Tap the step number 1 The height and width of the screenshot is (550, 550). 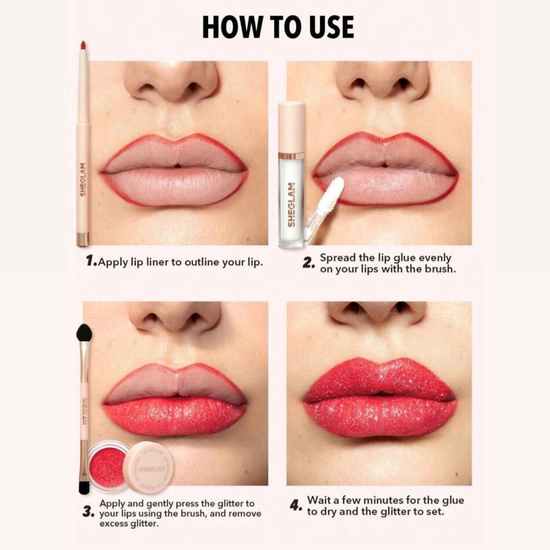point(90,261)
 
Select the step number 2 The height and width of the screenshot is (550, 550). point(309,263)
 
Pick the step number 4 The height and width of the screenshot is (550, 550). point(296,506)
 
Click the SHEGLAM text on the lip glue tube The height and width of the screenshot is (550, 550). point(292,205)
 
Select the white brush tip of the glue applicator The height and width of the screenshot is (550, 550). point(337,188)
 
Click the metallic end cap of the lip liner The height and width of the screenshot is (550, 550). point(83,239)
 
